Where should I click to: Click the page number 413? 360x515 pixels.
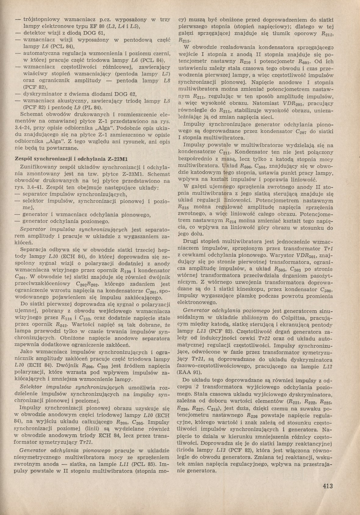(x=327, y=486)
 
